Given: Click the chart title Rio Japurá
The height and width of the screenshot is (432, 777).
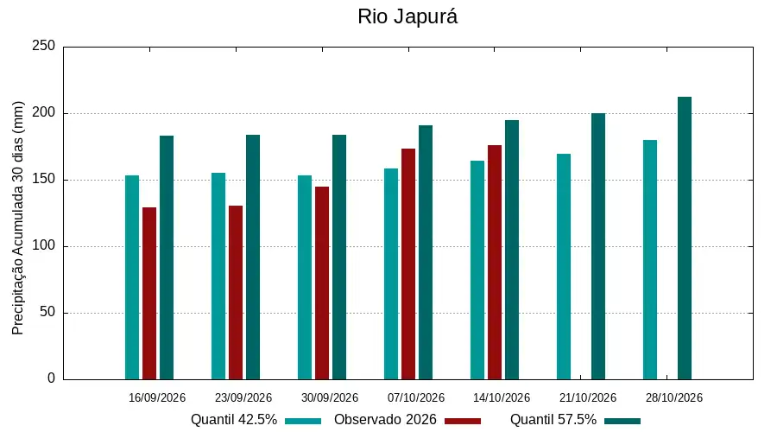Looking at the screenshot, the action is point(407,17).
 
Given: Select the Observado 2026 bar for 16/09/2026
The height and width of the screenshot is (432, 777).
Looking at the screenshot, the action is point(149,293).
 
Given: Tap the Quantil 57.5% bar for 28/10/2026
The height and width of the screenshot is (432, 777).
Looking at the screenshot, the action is point(685,238).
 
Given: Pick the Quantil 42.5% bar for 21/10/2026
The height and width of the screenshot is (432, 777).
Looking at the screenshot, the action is point(564,266).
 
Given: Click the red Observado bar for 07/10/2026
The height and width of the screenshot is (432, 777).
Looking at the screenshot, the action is point(408,264).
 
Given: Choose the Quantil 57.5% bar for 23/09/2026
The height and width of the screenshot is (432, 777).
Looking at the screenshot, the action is point(253,257).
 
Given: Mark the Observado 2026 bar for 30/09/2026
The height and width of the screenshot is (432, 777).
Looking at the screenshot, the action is point(322,283).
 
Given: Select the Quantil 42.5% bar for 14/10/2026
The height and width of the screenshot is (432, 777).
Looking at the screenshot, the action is point(477,270).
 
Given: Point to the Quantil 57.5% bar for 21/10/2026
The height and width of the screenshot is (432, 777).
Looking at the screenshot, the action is point(598,246).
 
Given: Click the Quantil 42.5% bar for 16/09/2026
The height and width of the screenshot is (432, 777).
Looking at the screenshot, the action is point(132,277).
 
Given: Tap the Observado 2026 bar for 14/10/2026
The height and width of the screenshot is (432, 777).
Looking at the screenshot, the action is point(495,263).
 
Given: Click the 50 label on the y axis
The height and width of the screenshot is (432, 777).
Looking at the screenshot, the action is point(47,313).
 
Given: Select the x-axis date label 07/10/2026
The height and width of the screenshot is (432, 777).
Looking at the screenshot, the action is point(416,397).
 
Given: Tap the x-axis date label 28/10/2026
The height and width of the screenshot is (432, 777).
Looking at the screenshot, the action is point(674,397).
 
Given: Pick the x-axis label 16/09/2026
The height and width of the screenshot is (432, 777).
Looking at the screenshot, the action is point(156,397).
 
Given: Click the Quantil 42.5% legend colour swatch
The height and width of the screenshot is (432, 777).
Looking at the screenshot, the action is point(303,421).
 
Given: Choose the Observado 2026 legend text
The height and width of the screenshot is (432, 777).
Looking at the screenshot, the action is point(385,420).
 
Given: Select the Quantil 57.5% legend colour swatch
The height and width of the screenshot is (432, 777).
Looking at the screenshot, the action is point(622,421).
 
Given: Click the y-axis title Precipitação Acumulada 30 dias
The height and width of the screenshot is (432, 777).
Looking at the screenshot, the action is point(18,219).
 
